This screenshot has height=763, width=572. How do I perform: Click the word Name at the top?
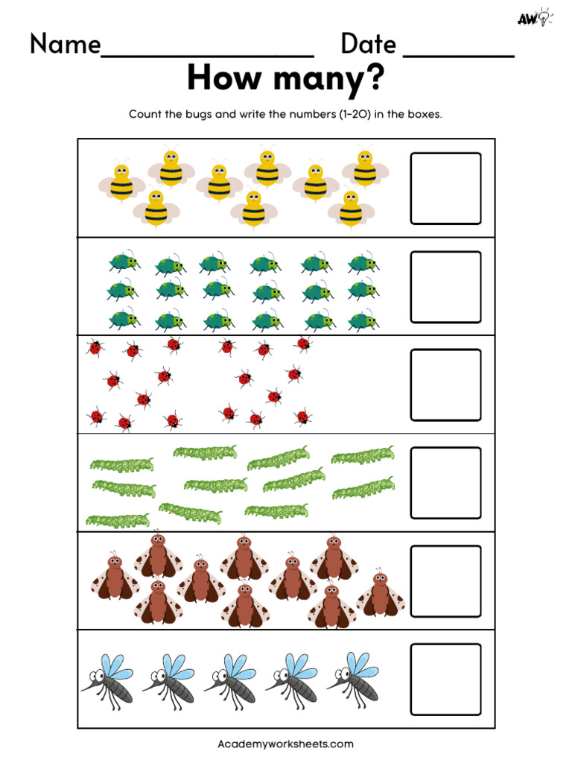click(65, 45)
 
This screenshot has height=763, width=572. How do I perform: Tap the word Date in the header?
click(368, 45)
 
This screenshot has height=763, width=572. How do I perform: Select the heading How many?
click(285, 79)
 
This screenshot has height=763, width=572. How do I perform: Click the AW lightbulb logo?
click(533, 18)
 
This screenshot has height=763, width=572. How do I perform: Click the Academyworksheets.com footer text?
click(285, 744)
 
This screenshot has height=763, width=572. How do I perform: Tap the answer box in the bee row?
click(445, 189)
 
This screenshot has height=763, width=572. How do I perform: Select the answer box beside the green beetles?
click(445, 287)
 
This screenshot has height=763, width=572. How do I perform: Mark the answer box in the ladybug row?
click(445, 384)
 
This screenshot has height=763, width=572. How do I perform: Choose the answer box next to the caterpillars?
click(445, 482)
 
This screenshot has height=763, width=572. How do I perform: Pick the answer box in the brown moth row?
click(445, 581)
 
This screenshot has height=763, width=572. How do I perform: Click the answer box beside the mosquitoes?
click(445, 679)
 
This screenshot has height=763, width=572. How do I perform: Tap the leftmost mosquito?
click(107, 679)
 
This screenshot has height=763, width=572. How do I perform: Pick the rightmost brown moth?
click(381, 593)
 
